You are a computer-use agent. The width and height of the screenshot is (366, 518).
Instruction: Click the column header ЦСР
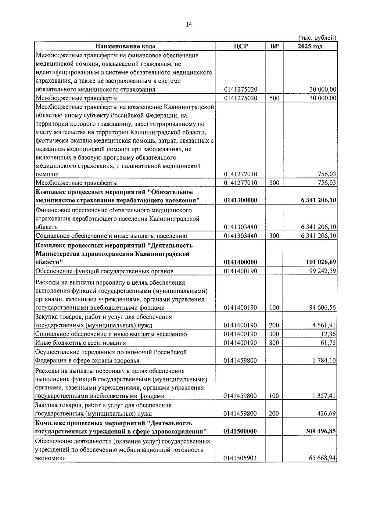point(241,46)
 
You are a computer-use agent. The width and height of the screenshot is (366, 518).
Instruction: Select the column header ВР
point(274,46)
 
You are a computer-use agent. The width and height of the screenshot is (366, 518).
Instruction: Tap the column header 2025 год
point(310,46)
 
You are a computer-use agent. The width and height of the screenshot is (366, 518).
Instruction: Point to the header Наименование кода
point(125,46)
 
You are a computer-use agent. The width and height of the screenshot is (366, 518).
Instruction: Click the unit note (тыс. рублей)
point(317,38)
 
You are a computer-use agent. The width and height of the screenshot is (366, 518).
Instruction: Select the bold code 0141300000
point(240,200)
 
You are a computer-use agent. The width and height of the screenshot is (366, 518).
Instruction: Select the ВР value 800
point(274,343)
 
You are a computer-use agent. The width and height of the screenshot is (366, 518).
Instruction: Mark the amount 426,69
point(327,414)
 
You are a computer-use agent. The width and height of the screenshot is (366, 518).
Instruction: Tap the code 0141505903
point(240,458)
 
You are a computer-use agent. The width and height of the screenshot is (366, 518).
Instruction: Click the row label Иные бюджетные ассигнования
point(81,343)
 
